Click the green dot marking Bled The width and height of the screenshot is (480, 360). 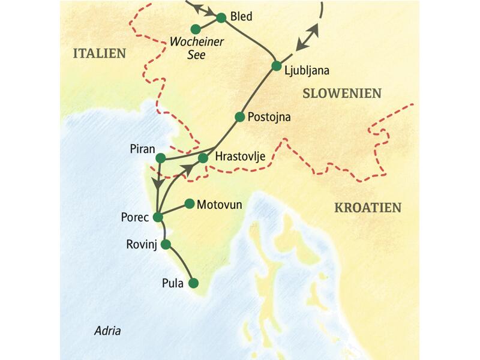[x=221, y=18]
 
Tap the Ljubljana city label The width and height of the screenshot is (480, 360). [x=307, y=70]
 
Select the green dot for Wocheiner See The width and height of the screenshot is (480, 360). [x=196, y=29]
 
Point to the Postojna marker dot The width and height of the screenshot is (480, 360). [x=240, y=117]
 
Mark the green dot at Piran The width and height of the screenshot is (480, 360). [x=160, y=158]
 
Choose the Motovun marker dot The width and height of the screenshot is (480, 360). [x=190, y=204]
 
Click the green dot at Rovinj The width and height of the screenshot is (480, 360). [x=166, y=244]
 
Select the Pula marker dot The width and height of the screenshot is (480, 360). [x=193, y=283]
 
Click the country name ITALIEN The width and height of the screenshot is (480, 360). [x=100, y=53]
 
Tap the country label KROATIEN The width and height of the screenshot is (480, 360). [x=367, y=208]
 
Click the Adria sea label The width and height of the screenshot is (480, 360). [x=108, y=331]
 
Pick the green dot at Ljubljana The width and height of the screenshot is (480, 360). [x=276, y=66]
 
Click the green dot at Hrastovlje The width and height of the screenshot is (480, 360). [x=203, y=158]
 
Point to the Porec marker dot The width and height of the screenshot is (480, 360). [x=158, y=217]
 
